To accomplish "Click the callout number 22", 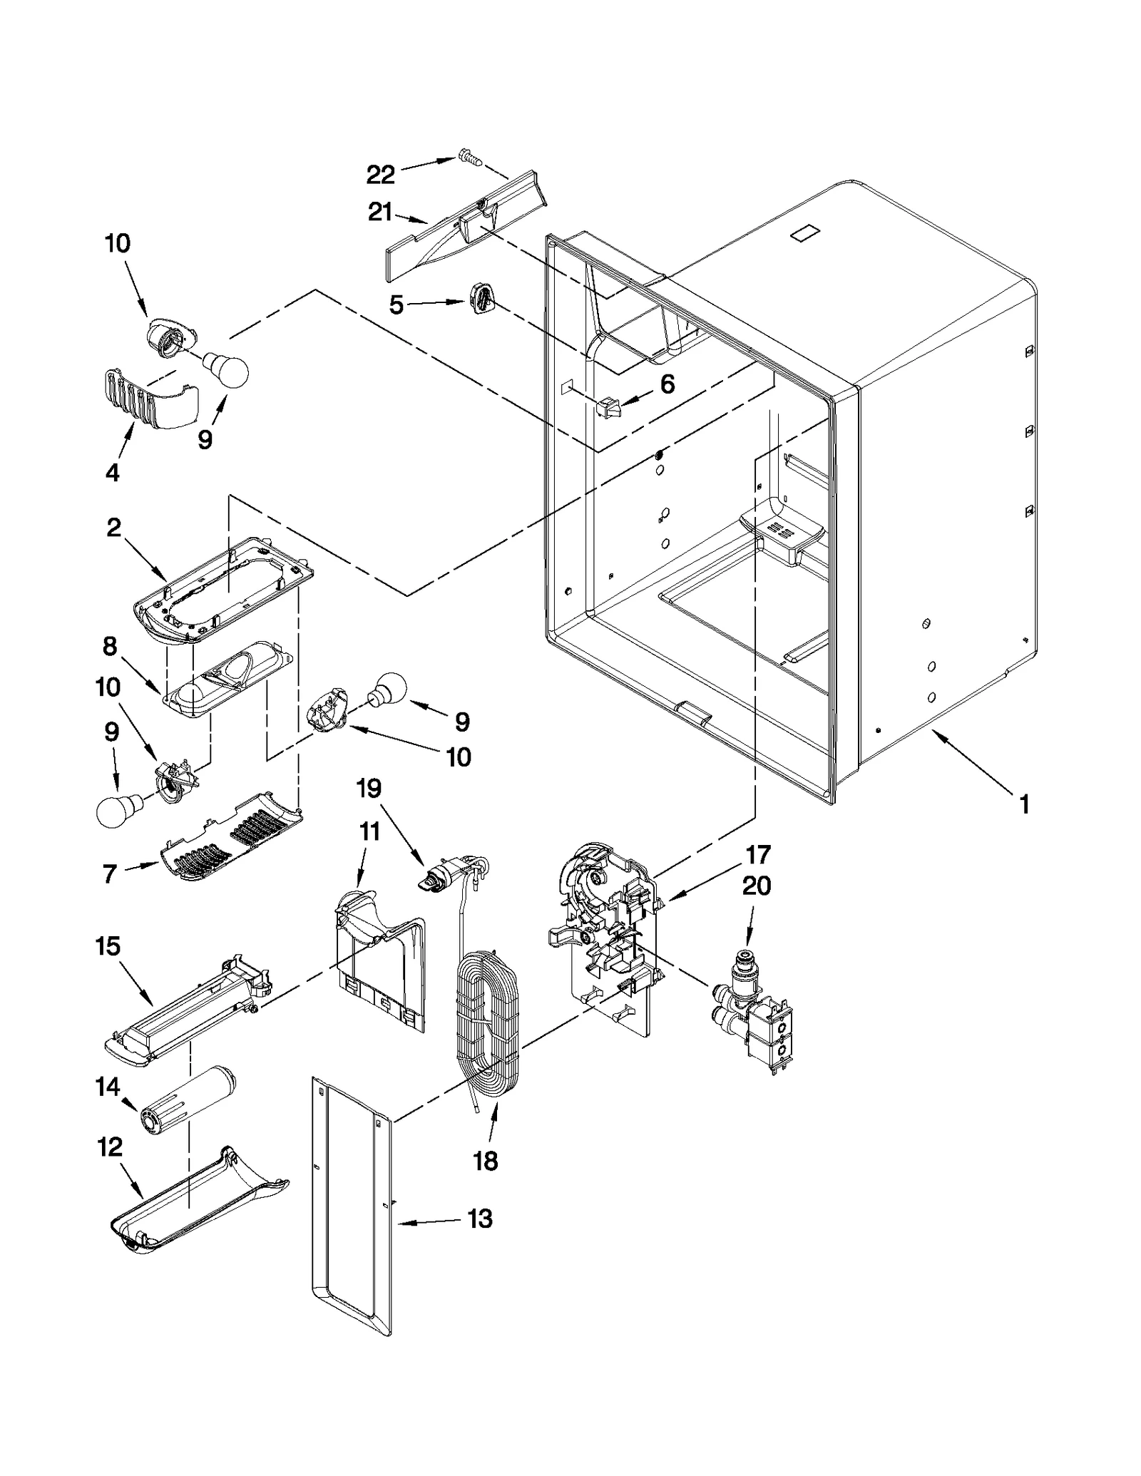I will (380, 175).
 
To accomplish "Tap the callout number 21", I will (381, 212).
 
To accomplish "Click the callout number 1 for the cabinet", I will (1024, 806).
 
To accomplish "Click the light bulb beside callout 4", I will (226, 370).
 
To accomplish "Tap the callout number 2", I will (114, 528).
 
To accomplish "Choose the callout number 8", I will (109, 647).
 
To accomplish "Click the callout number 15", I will (108, 947).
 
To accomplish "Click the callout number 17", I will (758, 854).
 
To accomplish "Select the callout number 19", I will (369, 789).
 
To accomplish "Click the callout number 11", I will (369, 832).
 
